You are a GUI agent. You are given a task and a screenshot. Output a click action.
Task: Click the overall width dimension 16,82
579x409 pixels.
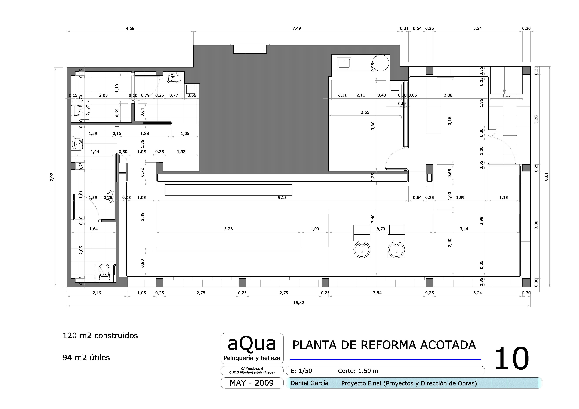coord(299,302)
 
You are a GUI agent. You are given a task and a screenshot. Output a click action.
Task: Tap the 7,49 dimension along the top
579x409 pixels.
coord(297,28)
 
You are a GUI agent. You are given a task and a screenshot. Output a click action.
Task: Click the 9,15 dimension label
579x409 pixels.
coord(282,198)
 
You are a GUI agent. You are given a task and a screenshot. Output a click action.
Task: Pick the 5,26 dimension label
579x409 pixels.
coord(228,229)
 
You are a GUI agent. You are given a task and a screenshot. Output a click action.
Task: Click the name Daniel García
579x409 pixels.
coord(309,383)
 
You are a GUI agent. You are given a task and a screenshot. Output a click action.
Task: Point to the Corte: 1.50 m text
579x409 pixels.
coord(358,371)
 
